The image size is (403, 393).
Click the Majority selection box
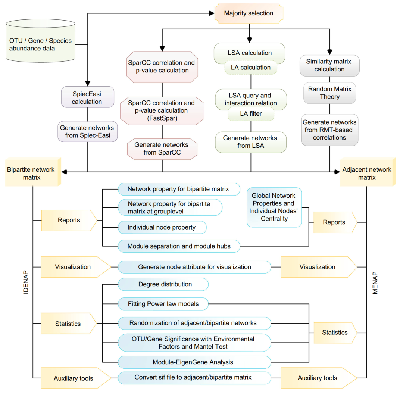pos(249,13)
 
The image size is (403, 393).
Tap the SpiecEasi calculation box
pos(87,97)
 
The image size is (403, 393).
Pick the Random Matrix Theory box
pos(329,93)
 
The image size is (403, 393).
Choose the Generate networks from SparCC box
pos(162,148)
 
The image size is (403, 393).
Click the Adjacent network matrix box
pos(367,173)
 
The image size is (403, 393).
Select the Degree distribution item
pos(163,284)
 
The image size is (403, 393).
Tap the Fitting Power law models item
pos(163,304)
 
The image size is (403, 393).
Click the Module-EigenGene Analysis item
pos(194,362)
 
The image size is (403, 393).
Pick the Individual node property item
pos(162,227)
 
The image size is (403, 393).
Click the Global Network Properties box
pos(274,207)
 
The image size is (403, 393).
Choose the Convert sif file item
pos(194,377)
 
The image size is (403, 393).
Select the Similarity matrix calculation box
pos(329,65)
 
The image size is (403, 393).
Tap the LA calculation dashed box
pos(250,68)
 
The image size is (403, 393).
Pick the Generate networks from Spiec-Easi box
pos(87,131)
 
